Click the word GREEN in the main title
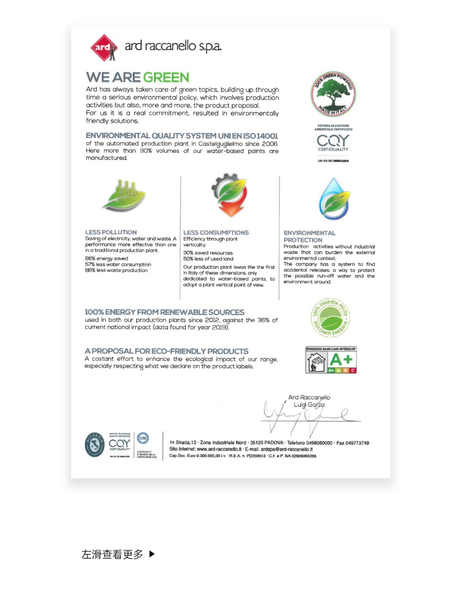tap(166, 78)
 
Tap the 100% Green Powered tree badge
tap(333, 94)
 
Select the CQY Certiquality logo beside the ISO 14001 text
tap(333, 142)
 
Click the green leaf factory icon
tap(124, 196)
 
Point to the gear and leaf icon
tap(229, 195)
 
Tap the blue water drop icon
tap(334, 199)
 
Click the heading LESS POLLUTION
tap(111, 232)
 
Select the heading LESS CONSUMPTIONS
tap(216, 232)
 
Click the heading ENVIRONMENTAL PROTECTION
tap(309, 236)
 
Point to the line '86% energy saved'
tap(107, 259)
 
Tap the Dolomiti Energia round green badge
tap(331, 318)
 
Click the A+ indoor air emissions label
tap(331, 360)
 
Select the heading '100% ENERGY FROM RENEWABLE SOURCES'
tap(164, 312)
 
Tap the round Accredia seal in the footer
tap(94, 444)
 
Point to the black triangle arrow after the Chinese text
tap(152, 554)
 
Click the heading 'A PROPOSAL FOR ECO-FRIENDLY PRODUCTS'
tap(167, 351)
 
